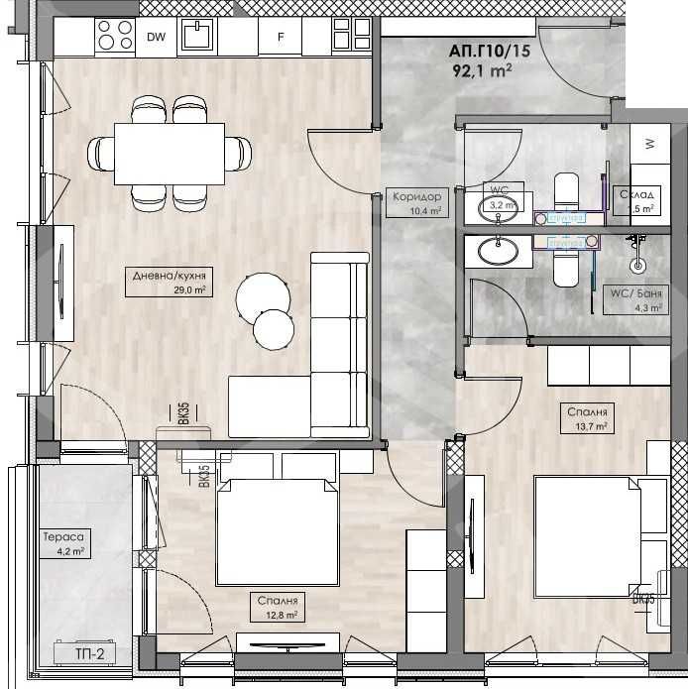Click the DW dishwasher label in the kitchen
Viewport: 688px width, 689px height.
pos(156,38)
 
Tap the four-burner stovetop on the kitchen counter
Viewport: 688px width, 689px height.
pos(114,38)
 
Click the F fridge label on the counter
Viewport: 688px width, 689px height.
pos(281,39)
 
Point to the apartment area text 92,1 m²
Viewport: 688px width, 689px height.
pos(481,70)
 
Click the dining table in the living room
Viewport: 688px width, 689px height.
pos(169,153)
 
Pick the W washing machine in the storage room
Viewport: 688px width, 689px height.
pos(649,144)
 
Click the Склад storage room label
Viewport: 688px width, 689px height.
pos(636,201)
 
